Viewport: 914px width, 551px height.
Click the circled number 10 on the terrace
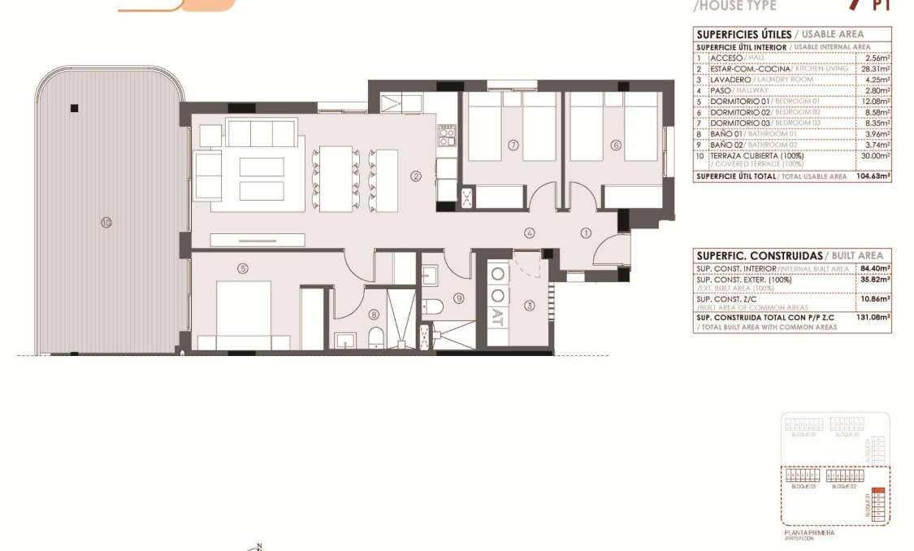point(106,223)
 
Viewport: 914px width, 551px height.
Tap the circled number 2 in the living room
point(415,176)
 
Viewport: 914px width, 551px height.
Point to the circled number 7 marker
point(513,145)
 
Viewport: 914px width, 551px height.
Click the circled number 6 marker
point(616,145)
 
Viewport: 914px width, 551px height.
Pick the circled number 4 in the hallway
point(530,233)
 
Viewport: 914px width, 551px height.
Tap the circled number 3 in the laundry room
point(530,306)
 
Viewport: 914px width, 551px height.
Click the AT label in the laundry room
point(498,315)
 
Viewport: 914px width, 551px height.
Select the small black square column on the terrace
point(74,108)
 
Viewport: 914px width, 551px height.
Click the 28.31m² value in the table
point(877,69)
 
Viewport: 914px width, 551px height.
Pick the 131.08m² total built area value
point(874,318)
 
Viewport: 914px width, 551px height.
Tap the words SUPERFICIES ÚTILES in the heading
point(743,34)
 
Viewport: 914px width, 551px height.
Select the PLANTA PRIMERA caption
point(808,532)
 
